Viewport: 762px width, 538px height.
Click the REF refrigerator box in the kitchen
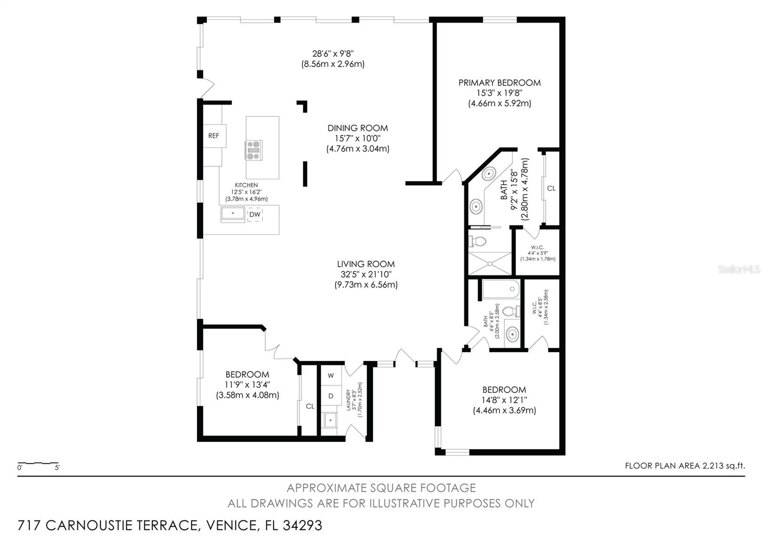point(214,136)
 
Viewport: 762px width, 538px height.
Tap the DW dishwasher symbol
point(255,215)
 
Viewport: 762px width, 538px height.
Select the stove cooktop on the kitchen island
point(253,150)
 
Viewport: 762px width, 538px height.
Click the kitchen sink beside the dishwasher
point(233,214)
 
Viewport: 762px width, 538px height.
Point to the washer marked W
point(331,376)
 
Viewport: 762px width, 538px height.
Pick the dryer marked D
point(331,396)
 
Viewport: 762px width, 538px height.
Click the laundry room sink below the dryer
point(330,420)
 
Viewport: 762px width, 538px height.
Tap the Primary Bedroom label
point(499,83)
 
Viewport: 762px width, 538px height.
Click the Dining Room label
point(357,128)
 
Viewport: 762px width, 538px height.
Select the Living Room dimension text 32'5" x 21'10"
point(365,274)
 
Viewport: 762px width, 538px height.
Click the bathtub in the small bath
point(501,289)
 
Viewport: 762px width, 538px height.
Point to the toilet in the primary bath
point(478,241)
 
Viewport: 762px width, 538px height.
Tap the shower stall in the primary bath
point(490,263)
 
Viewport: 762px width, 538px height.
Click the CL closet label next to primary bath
point(551,189)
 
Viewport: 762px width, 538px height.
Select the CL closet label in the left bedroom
point(310,406)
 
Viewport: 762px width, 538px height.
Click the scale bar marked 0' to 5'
point(38,463)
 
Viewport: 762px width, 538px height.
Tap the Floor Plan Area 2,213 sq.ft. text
point(684,466)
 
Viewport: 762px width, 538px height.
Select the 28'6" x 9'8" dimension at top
point(332,54)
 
